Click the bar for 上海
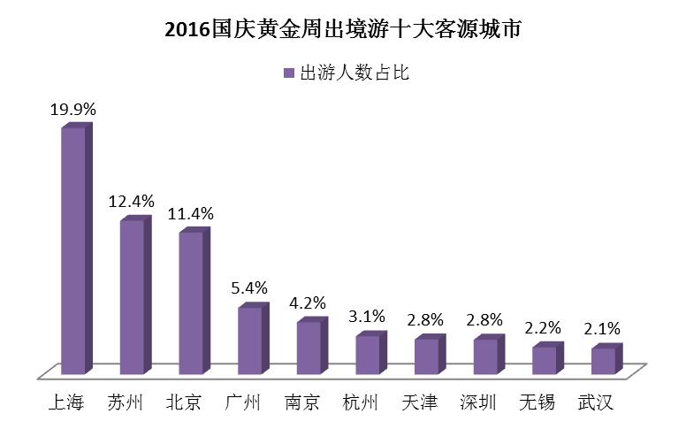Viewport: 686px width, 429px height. coord(77,249)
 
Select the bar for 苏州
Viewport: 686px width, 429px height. coord(135,295)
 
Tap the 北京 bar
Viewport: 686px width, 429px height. coord(194,301)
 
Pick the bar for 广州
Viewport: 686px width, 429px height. coord(254,339)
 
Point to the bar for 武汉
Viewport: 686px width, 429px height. coord(606,359)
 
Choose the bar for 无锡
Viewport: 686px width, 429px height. coord(548,358)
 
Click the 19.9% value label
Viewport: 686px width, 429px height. coord(73,110)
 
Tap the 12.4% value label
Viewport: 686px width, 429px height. coord(131,202)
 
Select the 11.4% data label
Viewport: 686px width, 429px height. coord(191,214)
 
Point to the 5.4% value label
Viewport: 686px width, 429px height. coord(249,288)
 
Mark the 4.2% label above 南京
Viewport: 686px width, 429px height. coord(308,303)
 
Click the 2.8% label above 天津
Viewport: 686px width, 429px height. coord(425,320)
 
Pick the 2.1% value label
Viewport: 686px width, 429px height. coord(602,328)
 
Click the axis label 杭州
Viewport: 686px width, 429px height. coord(361,402)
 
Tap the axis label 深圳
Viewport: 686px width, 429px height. coord(478,402)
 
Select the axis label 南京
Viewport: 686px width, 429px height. coord(301,402)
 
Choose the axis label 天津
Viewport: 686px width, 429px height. coord(420,402)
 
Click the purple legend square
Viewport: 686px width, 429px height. coord(289,73)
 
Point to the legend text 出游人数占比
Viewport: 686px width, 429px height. coord(354,73)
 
